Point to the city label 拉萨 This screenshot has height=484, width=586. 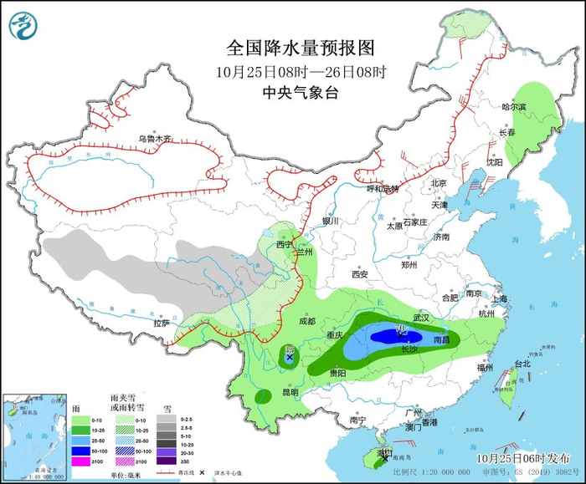tap(162, 323)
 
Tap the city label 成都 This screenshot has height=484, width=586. tap(306, 321)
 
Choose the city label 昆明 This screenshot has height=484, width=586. tap(290, 392)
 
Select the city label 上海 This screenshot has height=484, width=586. tap(500, 298)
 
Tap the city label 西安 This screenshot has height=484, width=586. tap(360, 273)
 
